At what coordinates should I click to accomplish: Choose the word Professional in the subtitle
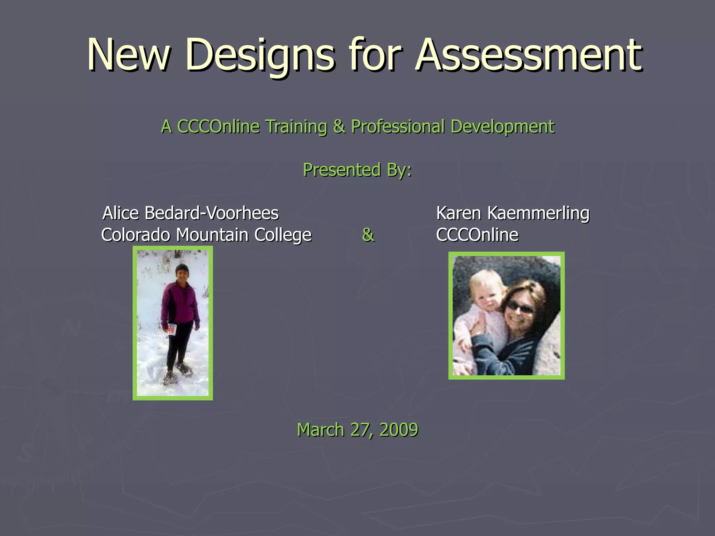pyautogui.click(x=398, y=126)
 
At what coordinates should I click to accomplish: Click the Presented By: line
pyautogui.click(x=357, y=170)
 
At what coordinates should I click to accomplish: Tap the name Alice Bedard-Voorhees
pyautogui.click(x=191, y=213)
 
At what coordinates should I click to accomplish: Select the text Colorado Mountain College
pyautogui.click(x=206, y=235)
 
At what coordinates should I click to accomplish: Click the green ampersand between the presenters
pyautogui.click(x=368, y=235)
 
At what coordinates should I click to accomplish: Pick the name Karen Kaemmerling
pyautogui.click(x=513, y=213)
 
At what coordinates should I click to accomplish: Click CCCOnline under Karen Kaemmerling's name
pyautogui.click(x=477, y=235)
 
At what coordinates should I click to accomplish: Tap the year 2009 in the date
pyautogui.click(x=399, y=430)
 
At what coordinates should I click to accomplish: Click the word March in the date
pyautogui.click(x=320, y=430)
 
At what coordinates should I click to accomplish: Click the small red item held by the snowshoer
pyautogui.click(x=171, y=329)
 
